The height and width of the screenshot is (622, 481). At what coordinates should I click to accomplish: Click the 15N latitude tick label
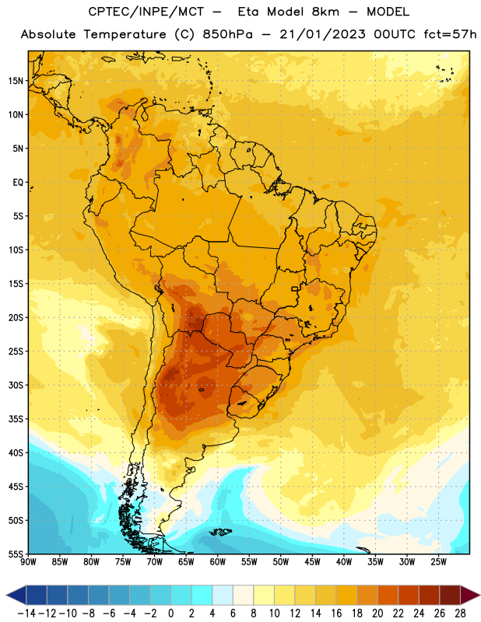click(x=16, y=81)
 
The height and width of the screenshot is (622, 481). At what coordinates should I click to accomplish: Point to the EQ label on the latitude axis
click(x=18, y=183)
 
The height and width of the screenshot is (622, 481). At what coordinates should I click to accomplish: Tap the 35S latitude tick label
click(x=16, y=419)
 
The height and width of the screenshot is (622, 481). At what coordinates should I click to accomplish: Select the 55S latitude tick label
click(x=16, y=554)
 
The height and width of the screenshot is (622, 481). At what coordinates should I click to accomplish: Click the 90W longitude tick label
click(x=29, y=562)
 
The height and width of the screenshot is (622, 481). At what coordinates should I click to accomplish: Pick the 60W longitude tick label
click(x=218, y=562)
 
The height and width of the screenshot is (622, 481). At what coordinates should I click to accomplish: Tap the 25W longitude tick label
click(x=439, y=562)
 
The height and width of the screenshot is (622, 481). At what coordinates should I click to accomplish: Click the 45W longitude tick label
click(x=313, y=562)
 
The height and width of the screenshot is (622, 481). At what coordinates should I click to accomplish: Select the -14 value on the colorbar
click(x=26, y=613)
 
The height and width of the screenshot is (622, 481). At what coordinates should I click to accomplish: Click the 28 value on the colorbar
click(x=460, y=613)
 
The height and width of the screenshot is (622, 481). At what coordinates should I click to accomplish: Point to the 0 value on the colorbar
click(x=170, y=613)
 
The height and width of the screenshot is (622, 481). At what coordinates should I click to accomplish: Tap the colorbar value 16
click(x=336, y=613)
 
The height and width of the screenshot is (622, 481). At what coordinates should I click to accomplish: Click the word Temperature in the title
click(x=125, y=34)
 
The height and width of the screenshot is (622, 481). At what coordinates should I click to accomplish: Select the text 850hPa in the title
click(x=227, y=34)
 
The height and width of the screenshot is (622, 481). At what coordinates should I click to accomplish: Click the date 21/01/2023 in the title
click(x=322, y=34)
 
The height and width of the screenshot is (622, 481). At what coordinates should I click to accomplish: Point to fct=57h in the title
click(x=450, y=34)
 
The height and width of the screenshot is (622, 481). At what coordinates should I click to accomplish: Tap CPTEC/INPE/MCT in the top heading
click(x=146, y=12)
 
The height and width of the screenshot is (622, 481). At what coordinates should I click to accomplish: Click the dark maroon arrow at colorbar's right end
click(x=470, y=595)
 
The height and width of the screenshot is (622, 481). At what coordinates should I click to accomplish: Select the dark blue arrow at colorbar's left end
click(x=16, y=595)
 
